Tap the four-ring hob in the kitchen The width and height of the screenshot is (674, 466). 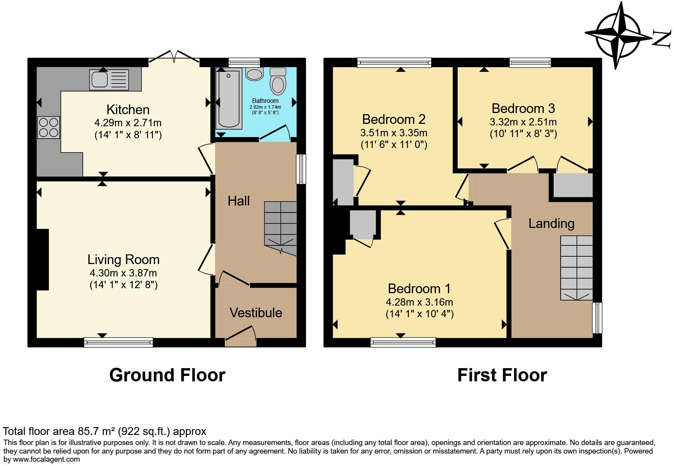tap(49, 127)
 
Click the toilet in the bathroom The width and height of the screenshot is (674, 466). tap(278, 81)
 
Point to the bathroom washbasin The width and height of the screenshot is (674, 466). tap(254, 74)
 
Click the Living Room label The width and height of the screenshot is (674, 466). tap(123, 259)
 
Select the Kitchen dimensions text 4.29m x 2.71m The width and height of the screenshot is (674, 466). tap(128, 123)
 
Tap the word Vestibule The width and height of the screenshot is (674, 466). tap(255, 313)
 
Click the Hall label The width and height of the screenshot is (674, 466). tap(238, 201)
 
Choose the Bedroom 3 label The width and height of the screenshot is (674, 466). tap(523, 108)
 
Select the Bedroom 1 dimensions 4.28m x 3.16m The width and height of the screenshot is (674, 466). tap(419, 302)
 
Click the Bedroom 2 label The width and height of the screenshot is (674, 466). tap(394, 119)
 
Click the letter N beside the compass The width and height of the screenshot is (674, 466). tap(662, 39)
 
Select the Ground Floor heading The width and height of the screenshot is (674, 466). tap(167, 375)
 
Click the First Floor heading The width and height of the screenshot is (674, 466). tap(502, 375)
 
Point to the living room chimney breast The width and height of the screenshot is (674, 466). tap(43, 259)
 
